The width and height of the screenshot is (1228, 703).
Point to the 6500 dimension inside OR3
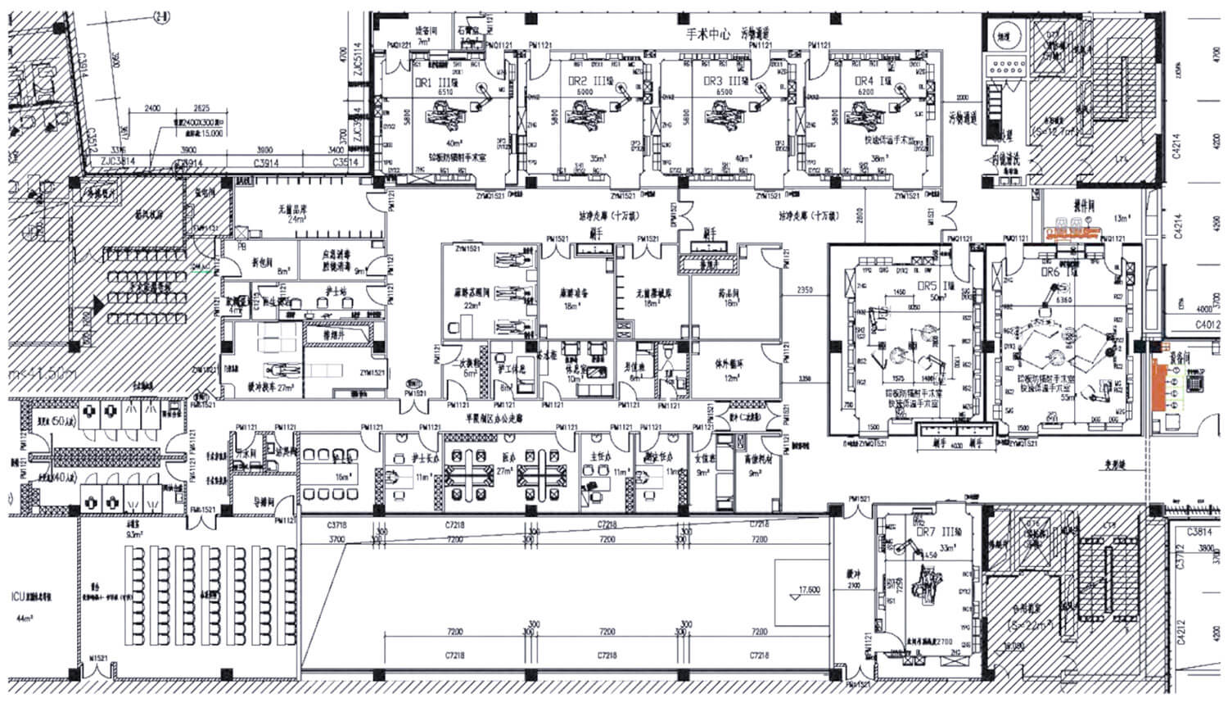(724, 93)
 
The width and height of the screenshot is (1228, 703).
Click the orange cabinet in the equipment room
(1159, 384)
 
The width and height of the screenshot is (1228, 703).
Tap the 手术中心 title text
(708, 35)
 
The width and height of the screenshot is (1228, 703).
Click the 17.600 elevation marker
(809, 589)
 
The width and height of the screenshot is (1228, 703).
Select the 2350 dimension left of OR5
(805, 290)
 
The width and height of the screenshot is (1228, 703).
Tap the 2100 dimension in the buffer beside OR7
(853, 586)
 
